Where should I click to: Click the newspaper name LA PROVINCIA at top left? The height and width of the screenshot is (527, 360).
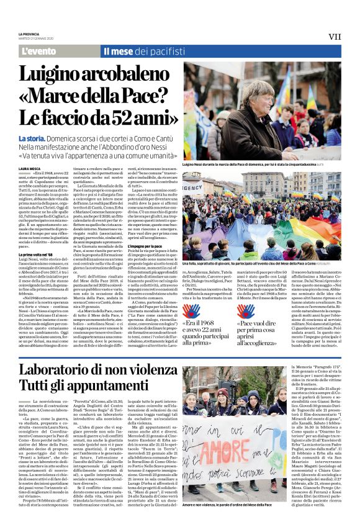30,34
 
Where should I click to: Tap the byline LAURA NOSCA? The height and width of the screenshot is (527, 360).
29,168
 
